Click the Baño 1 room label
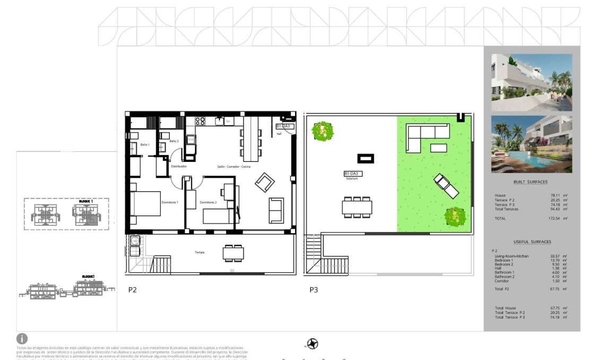pyautogui.click(x=145, y=144)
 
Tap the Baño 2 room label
pyautogui.click(x=174, y=141)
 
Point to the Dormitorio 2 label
pyautogui.click(x=208, y=202)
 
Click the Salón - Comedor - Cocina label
pyautogui.click(x=233, y=166)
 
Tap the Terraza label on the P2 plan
pyautogui.click(x=200, y=252)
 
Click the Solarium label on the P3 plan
pyautogui.click(x=351, y=179)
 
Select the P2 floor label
pyautogui.click(x=133, y=290)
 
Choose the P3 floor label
pyautogui.click(x=314, y=290)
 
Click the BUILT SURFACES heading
pyautogui.click(x=530, y=182)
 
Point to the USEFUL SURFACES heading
pyautogui.click(x=531, y=242)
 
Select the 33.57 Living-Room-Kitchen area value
pyautogui.click(x=556, y=256)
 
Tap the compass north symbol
pyautogui.click(x=313, y=344)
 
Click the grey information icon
pyautogui.click(x=22, y=338)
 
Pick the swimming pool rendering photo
pyautogui.click(x=531, y=144)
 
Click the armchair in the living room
pyautogui.click(x=264, y=183)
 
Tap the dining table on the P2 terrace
pyautogui.click(x=233, y=252)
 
